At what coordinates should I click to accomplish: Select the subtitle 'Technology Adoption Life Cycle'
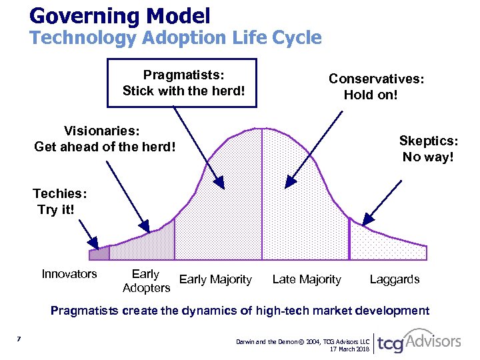point(175,38)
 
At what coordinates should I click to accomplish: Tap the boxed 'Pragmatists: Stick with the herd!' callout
point(182,83)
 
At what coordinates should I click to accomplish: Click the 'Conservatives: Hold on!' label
point(377,87)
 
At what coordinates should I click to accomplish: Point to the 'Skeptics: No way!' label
point(428,149)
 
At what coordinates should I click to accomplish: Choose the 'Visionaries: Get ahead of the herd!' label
point(105,138)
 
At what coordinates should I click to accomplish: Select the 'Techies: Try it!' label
point(59,201)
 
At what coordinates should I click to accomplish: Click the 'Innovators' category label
point(69,274)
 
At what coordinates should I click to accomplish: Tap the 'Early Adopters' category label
point(147,281)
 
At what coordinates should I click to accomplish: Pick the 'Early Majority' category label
point(215,279)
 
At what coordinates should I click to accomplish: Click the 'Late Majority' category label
point(307,279)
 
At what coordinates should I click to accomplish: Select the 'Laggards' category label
point(395,279)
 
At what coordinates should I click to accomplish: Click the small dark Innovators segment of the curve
point(99,253)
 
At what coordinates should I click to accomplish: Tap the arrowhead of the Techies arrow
point(96,246)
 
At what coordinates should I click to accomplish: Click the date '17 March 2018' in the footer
point(349,349)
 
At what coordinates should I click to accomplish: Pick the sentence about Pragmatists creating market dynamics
point(240,310)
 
